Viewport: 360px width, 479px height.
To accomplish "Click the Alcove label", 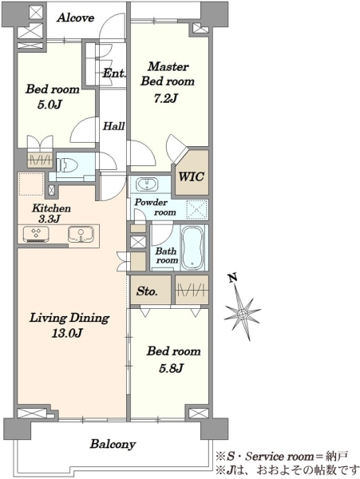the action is tap(75, 18).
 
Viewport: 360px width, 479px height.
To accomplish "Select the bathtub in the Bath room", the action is tap(192, 247).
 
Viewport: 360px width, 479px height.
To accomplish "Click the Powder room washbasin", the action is tap(148, 184).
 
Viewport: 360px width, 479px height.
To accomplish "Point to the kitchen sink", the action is tap(81, 234).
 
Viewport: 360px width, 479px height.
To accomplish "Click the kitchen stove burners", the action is tap(36, 234).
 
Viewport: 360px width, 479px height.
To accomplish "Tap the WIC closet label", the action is tap(192, 176).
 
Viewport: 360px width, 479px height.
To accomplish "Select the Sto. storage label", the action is tap(147, 291).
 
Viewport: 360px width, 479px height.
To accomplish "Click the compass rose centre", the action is tap(243, 314).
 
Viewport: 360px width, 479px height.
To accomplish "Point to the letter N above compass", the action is tap(233, 278).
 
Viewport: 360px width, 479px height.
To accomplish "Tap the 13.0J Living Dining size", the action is tap(66, 333).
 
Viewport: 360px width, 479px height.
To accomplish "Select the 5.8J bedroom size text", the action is tap(171, 368).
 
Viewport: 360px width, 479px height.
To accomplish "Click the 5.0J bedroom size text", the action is tap(49, 105).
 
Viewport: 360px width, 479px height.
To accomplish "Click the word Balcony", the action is tap(113, 444).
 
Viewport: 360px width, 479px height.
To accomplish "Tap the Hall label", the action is tap(113, 126).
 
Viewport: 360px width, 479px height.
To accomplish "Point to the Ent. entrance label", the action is tap(114, 73).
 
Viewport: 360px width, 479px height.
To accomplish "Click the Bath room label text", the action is tap(166, 255).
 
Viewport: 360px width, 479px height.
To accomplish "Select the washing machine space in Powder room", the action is tap(197, 209).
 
